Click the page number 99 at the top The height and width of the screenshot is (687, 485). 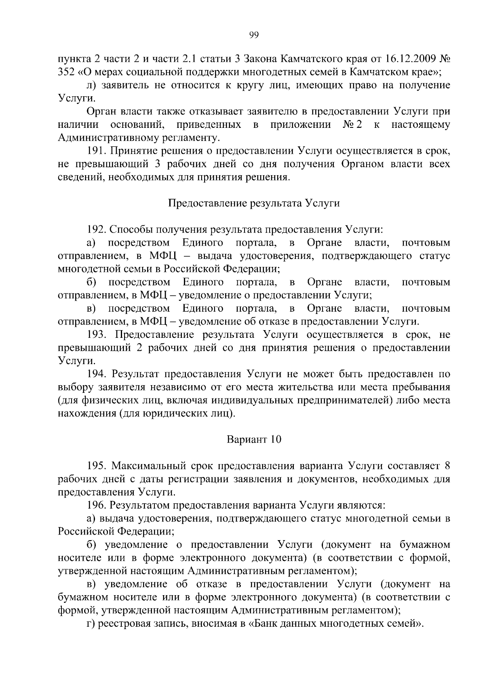pos(254,35)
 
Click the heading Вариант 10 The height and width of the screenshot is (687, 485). pos(254,439)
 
